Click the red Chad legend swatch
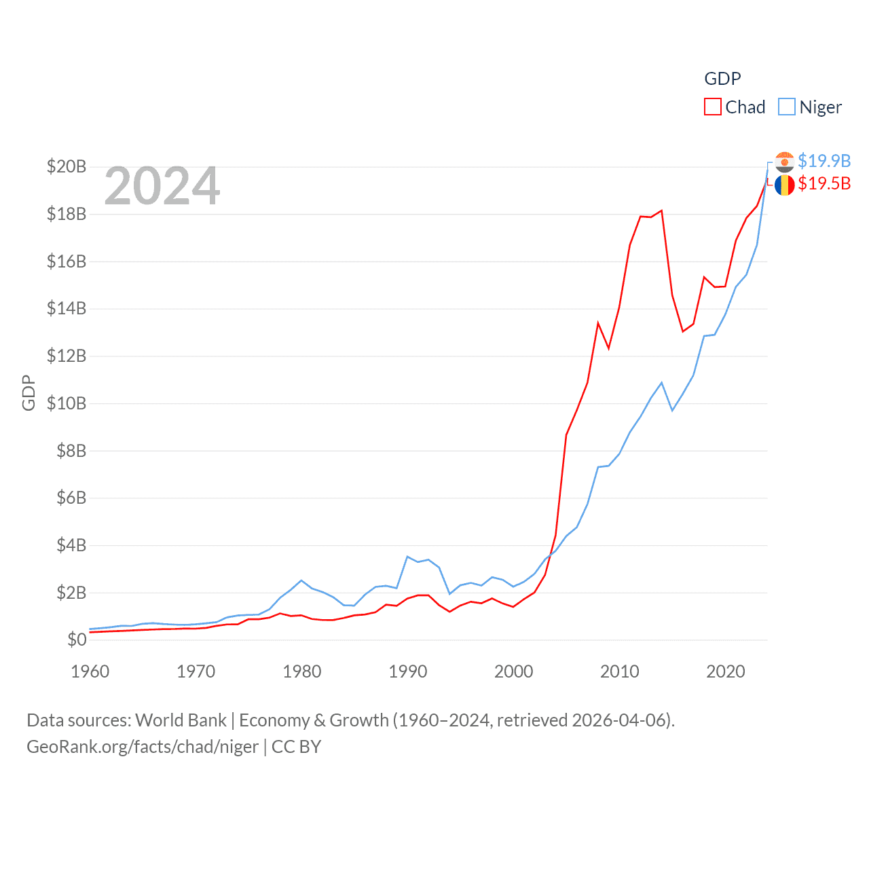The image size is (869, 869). [x=713, y=107]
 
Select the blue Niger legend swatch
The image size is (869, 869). [x=786, y=107]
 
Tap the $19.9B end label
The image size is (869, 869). [x=824, y=161]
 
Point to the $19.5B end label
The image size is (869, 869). [x=824, y=183]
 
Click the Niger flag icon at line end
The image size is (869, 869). [x=784, y=162]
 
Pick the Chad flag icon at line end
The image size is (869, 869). [x=784, y=185]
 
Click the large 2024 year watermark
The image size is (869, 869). [x=162, y=186]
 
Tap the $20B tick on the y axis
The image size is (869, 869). [x=67, y=166]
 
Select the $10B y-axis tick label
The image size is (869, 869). [x=67, y=403]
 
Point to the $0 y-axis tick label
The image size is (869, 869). [x=77, y=640]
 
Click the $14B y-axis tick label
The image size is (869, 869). [x=67, y=309]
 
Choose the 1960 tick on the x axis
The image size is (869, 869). [x=90, y=671]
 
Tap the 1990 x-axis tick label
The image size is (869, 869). [x=408, y=671]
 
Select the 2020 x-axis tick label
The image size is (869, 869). [x=726, y=671]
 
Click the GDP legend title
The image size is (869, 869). [x=722, y=79]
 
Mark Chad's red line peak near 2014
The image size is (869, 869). [x=661, y=210]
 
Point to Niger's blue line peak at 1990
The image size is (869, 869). [x=407, y=557]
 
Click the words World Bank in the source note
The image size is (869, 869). [x=181, y=720]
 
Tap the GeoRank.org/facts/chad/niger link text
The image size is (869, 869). [x=143, y=747]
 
